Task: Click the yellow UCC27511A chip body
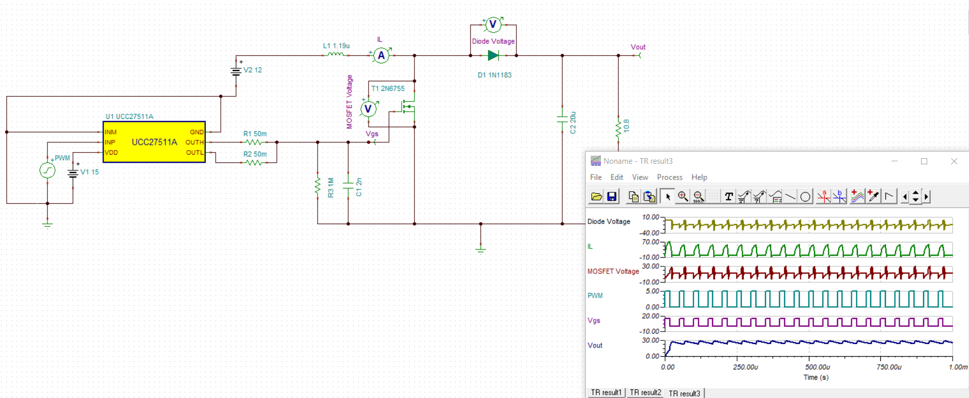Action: (154, 142)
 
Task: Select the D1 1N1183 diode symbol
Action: (493, 56)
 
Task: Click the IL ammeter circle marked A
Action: (381, 56)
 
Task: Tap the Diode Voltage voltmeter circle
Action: (493, 24)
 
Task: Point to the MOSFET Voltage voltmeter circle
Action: (368, 109)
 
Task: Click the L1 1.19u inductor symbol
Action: (335, 54)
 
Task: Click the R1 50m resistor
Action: (254, 142)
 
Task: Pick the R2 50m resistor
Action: (254, 163)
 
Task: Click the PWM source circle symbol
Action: (47, 170)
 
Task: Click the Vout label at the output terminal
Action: (638, 47)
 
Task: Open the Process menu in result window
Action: (669, 177)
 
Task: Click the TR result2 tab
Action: (645, 392)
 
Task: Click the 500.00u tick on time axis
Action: (817, 367)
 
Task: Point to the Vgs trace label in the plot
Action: (594, 320)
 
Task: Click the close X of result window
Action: (954, 161)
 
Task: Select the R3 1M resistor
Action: (318, 187)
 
